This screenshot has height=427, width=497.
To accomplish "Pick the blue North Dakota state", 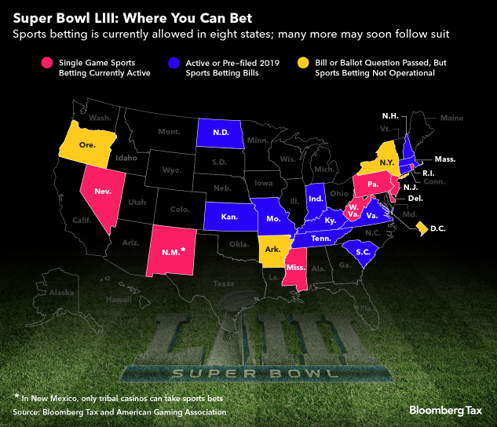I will point(219,133).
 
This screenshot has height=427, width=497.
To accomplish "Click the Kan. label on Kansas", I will point(229,216).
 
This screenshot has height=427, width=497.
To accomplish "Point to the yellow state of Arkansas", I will point(273,250).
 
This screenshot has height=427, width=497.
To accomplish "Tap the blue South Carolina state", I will point(362,252).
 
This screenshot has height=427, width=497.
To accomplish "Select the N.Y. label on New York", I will point(387,161).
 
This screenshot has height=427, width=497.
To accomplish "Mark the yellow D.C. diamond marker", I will point(421,228).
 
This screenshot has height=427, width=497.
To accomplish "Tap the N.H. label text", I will point(390,116).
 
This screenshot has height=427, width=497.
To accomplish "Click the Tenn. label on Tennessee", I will point(321,239).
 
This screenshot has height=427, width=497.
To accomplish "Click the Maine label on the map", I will point(451,119).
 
